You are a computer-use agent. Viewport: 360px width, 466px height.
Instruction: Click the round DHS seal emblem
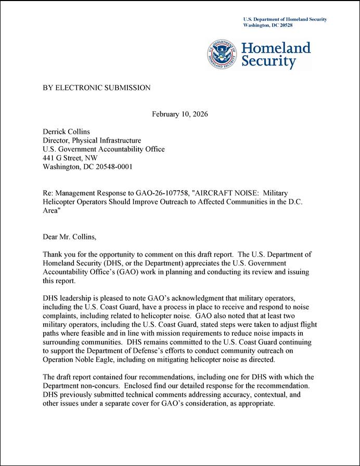(223, 54)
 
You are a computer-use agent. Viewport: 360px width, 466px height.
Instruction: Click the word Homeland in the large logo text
(276, 48)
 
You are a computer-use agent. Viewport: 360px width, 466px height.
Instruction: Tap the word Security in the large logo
(268, 62)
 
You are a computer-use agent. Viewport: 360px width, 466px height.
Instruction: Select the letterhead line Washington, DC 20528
(268, 25)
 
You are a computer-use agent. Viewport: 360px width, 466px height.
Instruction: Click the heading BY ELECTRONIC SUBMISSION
(96, 88)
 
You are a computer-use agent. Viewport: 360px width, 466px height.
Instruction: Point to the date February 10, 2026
(180, 114)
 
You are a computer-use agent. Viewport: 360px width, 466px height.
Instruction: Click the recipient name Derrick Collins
(67, 132)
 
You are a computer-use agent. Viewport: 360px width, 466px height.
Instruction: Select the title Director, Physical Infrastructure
(92, 141)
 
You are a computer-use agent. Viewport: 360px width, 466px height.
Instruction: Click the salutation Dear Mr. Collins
(69, 237)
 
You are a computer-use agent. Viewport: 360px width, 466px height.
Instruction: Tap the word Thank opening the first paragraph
(53, 255)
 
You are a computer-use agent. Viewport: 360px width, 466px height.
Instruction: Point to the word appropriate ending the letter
(255, 404)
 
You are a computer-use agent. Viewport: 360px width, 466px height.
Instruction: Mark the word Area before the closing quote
(50, 211)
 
